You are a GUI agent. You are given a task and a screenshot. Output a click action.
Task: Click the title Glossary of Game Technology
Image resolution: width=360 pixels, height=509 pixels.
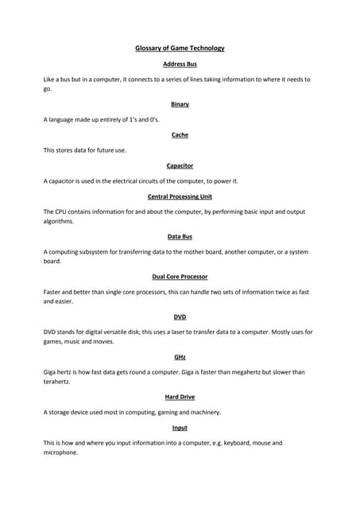click(180, 48)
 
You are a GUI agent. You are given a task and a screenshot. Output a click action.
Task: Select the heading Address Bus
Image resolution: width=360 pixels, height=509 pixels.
click(180, 64)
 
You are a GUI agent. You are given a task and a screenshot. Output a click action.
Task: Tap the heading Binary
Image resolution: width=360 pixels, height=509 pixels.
click(180, 104)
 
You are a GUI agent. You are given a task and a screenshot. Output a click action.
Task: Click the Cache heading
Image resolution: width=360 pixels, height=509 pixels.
click(180, 135)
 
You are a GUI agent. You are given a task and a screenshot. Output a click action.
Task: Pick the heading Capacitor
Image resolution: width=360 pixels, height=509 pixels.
click(180, 165)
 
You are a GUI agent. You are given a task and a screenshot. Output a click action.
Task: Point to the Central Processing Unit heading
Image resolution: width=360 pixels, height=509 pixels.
click(180, 196)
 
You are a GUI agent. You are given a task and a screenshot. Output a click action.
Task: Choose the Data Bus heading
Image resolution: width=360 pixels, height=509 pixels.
click(180, 236)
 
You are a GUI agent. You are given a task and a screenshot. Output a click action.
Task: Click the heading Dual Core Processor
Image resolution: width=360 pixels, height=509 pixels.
click(180, 277)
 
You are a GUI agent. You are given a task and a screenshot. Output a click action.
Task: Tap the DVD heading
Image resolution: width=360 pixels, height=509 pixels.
click(180, 317)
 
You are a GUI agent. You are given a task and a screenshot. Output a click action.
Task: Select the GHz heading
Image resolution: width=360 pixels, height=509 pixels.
click(180, 357)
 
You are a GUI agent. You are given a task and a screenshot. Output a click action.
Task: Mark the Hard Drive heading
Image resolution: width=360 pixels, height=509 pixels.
click(180, 397)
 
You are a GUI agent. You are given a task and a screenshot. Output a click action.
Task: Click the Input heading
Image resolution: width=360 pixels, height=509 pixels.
click(180, 428)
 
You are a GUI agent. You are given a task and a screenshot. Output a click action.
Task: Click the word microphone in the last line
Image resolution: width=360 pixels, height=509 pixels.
click(60, 453)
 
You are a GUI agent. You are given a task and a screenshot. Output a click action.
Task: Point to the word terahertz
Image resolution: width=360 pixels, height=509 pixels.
click(58, 382)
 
